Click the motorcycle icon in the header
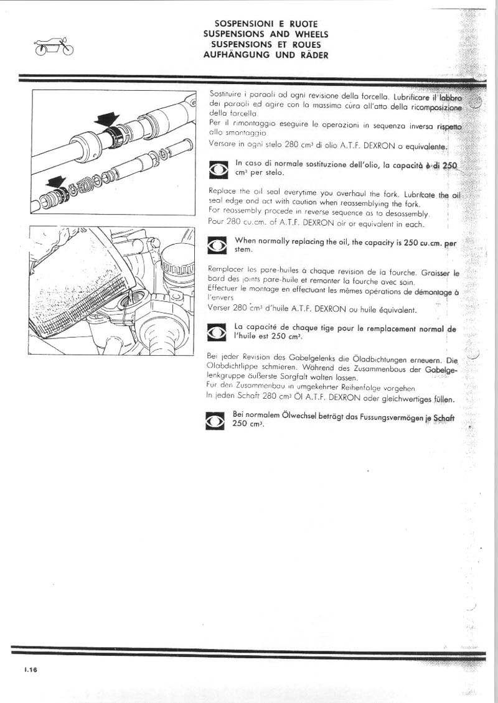pos(51,47)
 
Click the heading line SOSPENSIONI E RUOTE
pos(266,24)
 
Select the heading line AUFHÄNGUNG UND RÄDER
pos(266,55)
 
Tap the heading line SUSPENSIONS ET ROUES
pos(266,45)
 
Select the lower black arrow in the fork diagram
pos(57,181)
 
